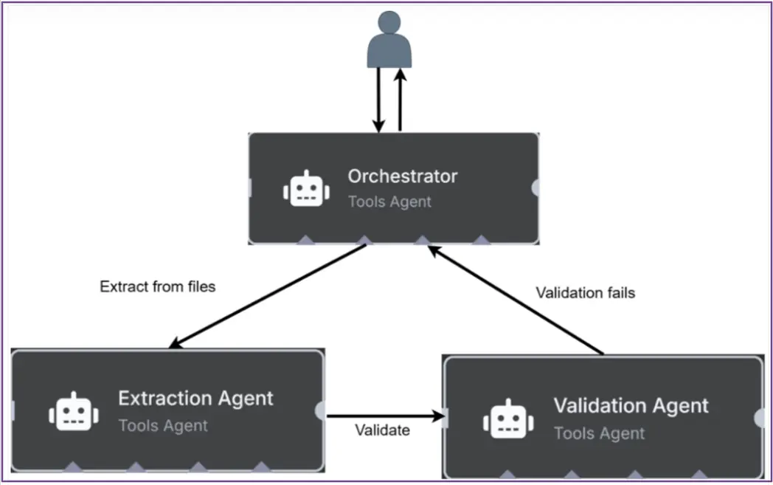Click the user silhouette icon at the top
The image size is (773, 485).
click(x=389, y=41)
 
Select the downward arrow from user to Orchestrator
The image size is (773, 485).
click(x=378, y=100)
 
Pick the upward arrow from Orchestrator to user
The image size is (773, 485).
click(x=400, y=100)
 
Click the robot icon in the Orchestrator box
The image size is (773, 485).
click(x=305, y=188)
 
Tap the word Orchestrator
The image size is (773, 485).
click(x=402, y=176)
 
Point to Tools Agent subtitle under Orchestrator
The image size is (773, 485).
click(x=389, y=202)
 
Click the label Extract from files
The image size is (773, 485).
click(x=157, y=286)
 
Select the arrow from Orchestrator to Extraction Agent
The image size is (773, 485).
click(x=269, y=295)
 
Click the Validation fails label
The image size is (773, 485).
click(x=585, y=293)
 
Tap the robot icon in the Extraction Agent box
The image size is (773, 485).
click(x=74, y=411)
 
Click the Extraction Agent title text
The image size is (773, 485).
click(x=195, y=399)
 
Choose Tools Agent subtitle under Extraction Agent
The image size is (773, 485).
click(x=163, y=426)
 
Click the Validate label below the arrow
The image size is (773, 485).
click(x=382, y=430)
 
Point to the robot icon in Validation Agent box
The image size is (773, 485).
click(x=507, y=418)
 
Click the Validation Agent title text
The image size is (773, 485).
click(x=631, y=405)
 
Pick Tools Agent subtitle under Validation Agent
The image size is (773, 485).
click(x=599, y=433)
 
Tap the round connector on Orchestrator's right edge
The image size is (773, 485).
click(x=535, y=188)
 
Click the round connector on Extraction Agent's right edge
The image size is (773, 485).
click(x=320, y=410)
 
